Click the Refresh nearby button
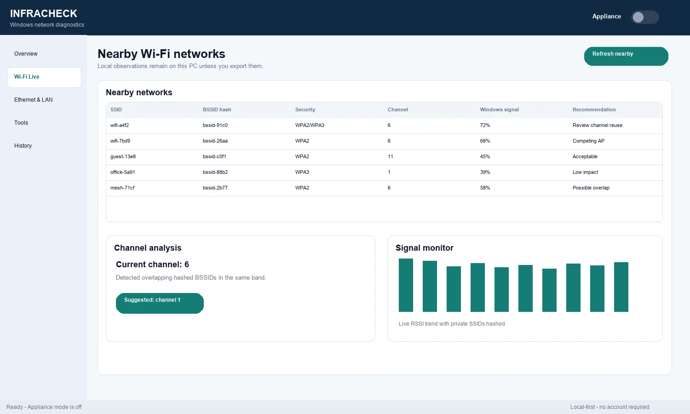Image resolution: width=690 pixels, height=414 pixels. click(626, 56)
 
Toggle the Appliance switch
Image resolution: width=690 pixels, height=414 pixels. click(645, 17)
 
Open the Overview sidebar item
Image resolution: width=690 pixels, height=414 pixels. click(26, 54)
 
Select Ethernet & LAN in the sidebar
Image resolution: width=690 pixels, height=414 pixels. click(33, 99)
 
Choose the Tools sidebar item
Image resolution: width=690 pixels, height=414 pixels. click(21, 123)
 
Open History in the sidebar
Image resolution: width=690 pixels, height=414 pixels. click(23, 146)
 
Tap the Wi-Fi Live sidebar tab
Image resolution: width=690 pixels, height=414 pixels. click(44, 77)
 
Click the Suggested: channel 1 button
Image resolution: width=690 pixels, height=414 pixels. click(160, 303)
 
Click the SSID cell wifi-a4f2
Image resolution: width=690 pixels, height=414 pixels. click(120, 126)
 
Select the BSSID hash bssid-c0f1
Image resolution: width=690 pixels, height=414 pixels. click(214, 156)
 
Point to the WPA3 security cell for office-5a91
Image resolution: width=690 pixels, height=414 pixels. click(302, 172)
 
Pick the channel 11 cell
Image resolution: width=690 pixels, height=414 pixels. click(390, 156)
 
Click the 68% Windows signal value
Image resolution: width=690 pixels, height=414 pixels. click(485, 141)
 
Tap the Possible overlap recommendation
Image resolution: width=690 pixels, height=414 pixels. click(591, 188)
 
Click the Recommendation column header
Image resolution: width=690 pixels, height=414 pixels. click(594, 109)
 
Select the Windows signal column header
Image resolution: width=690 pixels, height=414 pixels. click(499, 109)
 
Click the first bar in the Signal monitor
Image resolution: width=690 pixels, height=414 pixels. click(406, 285)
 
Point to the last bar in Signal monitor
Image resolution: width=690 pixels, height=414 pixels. click(621, 287)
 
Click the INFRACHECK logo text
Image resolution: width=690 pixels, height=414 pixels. click(44, 13)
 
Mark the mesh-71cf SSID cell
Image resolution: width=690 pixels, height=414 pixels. click(122, 188)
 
